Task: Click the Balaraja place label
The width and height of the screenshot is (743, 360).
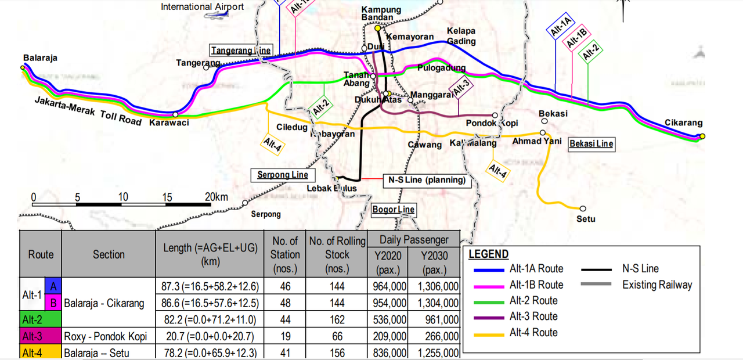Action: [40, 58]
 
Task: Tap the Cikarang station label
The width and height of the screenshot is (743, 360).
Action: [683, 123]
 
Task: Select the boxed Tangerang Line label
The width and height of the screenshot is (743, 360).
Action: [241, 51]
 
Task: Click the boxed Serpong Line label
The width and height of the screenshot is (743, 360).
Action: [283, 175]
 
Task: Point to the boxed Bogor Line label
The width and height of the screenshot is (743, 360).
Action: [394, 210]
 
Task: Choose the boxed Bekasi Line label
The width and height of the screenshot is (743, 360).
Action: [591, 143]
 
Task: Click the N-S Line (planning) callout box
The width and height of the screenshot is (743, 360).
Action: [427, 180]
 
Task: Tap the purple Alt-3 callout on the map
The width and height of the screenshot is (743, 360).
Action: [461, 88]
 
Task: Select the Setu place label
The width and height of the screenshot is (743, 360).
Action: [586, 219]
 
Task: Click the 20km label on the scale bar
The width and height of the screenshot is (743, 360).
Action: [217, 197]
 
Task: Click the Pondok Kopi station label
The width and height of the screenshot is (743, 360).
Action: [492, 124]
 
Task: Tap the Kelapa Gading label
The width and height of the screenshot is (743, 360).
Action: [461, 36]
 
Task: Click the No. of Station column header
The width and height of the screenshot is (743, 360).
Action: [284, 254]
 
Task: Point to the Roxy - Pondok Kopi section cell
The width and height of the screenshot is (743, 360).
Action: [106, 336]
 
